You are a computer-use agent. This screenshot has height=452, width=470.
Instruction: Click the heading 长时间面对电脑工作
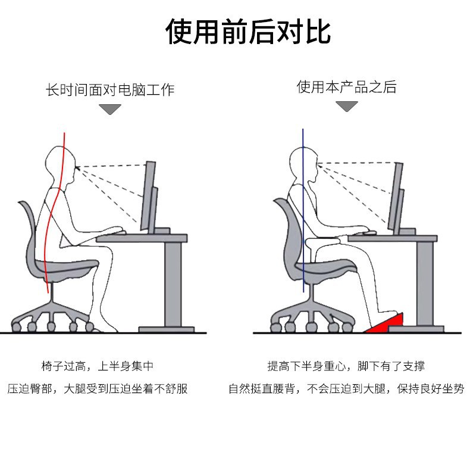coord(111,91)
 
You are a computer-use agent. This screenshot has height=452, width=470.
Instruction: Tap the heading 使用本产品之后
coord(346,87)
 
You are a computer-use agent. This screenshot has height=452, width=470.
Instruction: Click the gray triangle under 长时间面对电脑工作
coord(110,109)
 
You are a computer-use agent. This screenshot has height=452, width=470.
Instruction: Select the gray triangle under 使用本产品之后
coord(347,106)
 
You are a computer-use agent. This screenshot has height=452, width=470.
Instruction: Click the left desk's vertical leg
coord(173,283)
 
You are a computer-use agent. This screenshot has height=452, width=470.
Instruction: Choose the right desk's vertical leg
coord(424,283)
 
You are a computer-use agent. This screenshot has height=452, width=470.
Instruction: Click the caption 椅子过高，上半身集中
coord(98,366)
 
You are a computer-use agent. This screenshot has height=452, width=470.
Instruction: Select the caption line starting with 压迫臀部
coord(98,389)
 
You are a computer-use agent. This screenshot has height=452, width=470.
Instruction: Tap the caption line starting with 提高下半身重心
coord(346,366)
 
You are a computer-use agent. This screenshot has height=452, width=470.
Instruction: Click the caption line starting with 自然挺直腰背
coord(346,389)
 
